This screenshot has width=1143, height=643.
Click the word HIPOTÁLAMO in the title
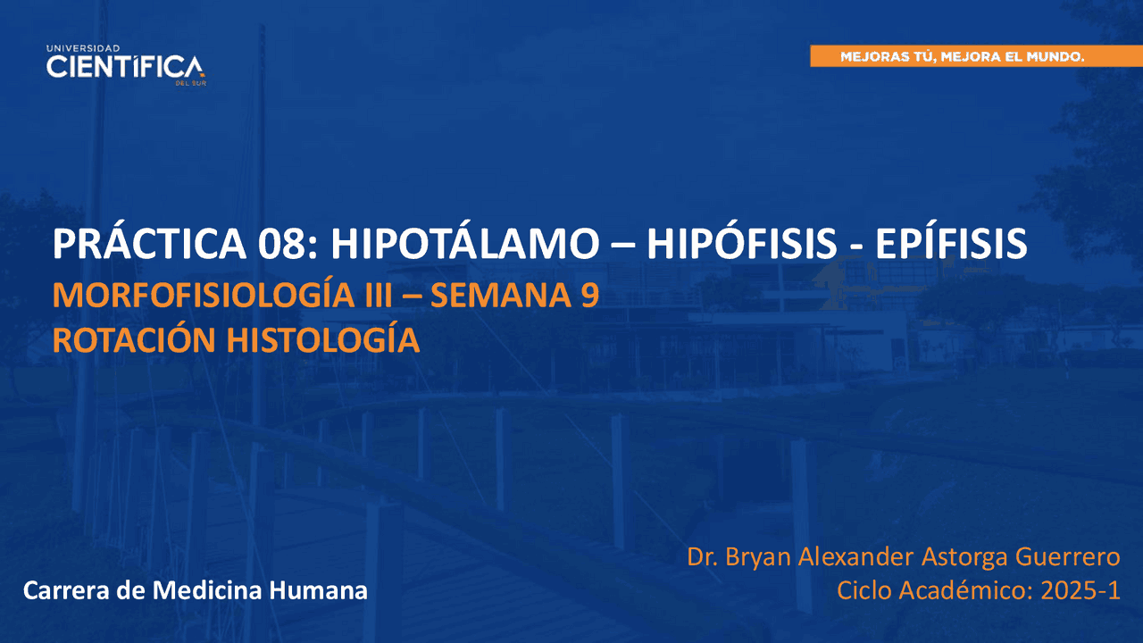[465, 243]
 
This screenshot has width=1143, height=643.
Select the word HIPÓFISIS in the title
[742, 243]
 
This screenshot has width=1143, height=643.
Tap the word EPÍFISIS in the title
[951, 243]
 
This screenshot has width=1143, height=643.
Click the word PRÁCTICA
[149, 243]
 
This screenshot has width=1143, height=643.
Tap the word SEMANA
[500, 296]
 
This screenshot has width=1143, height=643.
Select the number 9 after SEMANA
[589, 296]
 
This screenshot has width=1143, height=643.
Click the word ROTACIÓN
[134, 340]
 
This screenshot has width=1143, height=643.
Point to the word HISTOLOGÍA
[323, 340]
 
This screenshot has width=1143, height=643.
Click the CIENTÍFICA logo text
[126, 67]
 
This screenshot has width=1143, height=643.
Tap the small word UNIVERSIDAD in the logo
[83, 48]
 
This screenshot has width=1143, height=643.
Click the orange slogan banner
[977, 56]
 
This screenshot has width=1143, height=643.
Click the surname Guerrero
[1067, 556]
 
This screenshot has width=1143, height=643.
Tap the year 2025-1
[1080, 591]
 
